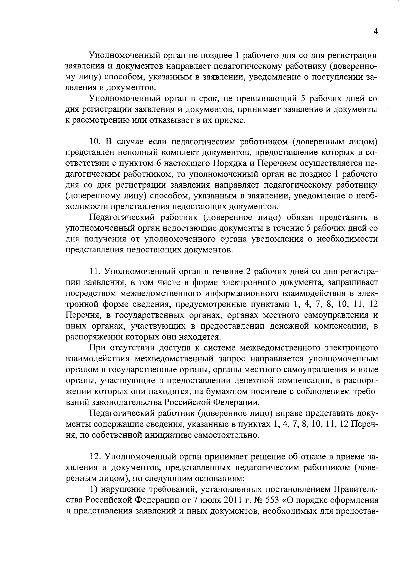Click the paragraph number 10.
click(95, 142)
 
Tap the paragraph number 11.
click(95, 272)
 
